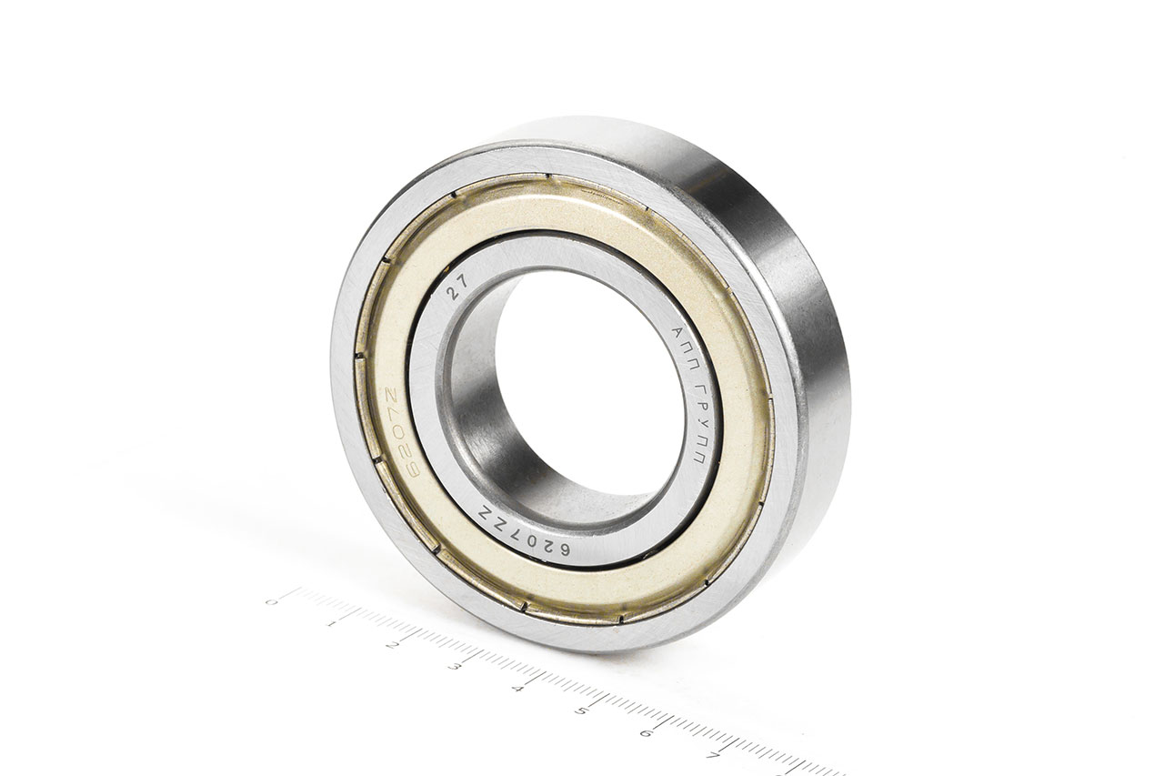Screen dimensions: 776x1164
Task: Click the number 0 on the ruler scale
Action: (x=270, y=601)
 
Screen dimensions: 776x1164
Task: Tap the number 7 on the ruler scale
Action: (x=714, y=755)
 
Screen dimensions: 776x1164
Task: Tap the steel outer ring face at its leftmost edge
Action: (x=341, y=382)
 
